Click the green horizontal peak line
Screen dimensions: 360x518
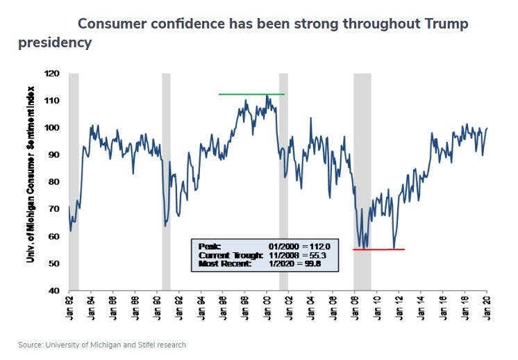pos(251,94)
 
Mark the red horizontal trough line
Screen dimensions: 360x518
pos(378,249)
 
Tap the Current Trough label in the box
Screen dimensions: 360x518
pos(223,255)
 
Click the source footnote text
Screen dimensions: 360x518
pos(102,345)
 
